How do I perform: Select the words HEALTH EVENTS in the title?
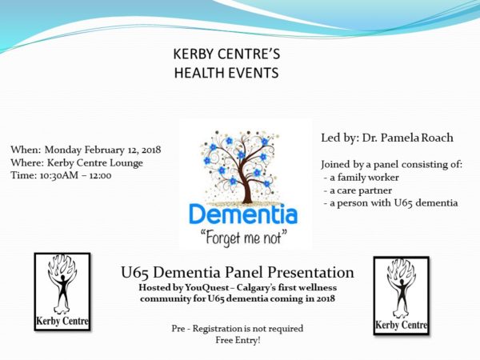tap(226, 73)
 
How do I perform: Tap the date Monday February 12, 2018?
tap(103, 150)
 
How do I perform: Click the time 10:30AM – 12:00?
tap(76, 175)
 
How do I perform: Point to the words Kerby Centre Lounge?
tap(95, 163)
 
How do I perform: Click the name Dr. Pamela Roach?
tap(408, 138)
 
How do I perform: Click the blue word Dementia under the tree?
tap(243, 214)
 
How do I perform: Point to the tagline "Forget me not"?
tap(243, 238)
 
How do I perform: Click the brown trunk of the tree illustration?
tap(246, 189)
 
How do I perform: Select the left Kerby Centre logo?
tap(62, 292)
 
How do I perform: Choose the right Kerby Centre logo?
tap(402, 296)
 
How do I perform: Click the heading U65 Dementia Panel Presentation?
tap(238, 272)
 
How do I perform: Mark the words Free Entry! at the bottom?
tap(238, 340)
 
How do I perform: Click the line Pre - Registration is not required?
tap(238, 329)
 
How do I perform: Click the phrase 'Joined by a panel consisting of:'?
tap(391, 164)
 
